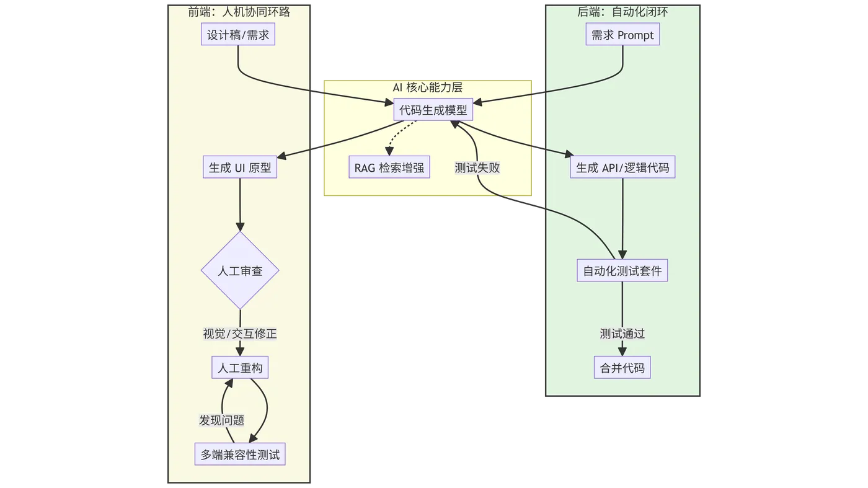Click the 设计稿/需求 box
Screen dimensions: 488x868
(x=239, y=35)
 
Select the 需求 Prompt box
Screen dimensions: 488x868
(x=622, y=35)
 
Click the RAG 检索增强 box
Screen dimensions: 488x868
(x=389, y=167)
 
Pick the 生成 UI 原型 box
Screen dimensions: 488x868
(x=240, y=167)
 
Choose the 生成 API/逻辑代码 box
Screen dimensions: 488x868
(x=622, y=167)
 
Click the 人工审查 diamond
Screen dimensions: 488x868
(x=240, y=271)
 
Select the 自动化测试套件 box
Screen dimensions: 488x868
(x=622, y=271)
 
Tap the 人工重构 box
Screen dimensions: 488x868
(x=240, y=368)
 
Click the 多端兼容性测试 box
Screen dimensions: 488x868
(x=240, y=455)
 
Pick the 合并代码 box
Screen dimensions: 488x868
(x=622, y=368)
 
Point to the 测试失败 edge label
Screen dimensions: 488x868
(x=477, y=167)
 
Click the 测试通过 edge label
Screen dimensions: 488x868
(x=622, y=334)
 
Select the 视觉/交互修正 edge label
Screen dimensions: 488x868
(x=240, y=334)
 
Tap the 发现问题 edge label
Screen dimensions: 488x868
(x=221, y=420)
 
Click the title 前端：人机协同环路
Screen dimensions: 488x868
(x=239, y=11)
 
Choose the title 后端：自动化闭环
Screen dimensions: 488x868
(x=622, y=11)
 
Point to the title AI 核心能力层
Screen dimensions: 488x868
(x=428, y=87)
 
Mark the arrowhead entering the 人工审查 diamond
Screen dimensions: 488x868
(x=240, y=226)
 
